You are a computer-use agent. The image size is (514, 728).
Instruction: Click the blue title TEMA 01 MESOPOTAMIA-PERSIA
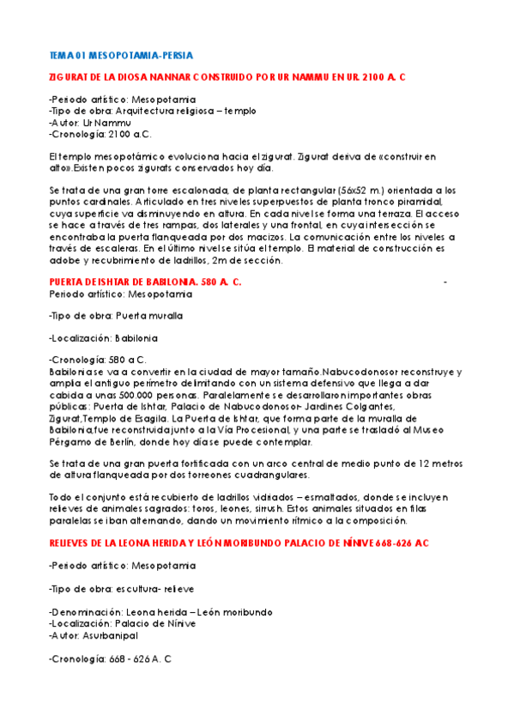tap(121, 55)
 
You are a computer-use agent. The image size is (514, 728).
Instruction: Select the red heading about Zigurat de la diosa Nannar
tap(227, 77)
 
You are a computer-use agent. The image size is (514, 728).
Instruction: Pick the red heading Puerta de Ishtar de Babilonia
tap(145, 282)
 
